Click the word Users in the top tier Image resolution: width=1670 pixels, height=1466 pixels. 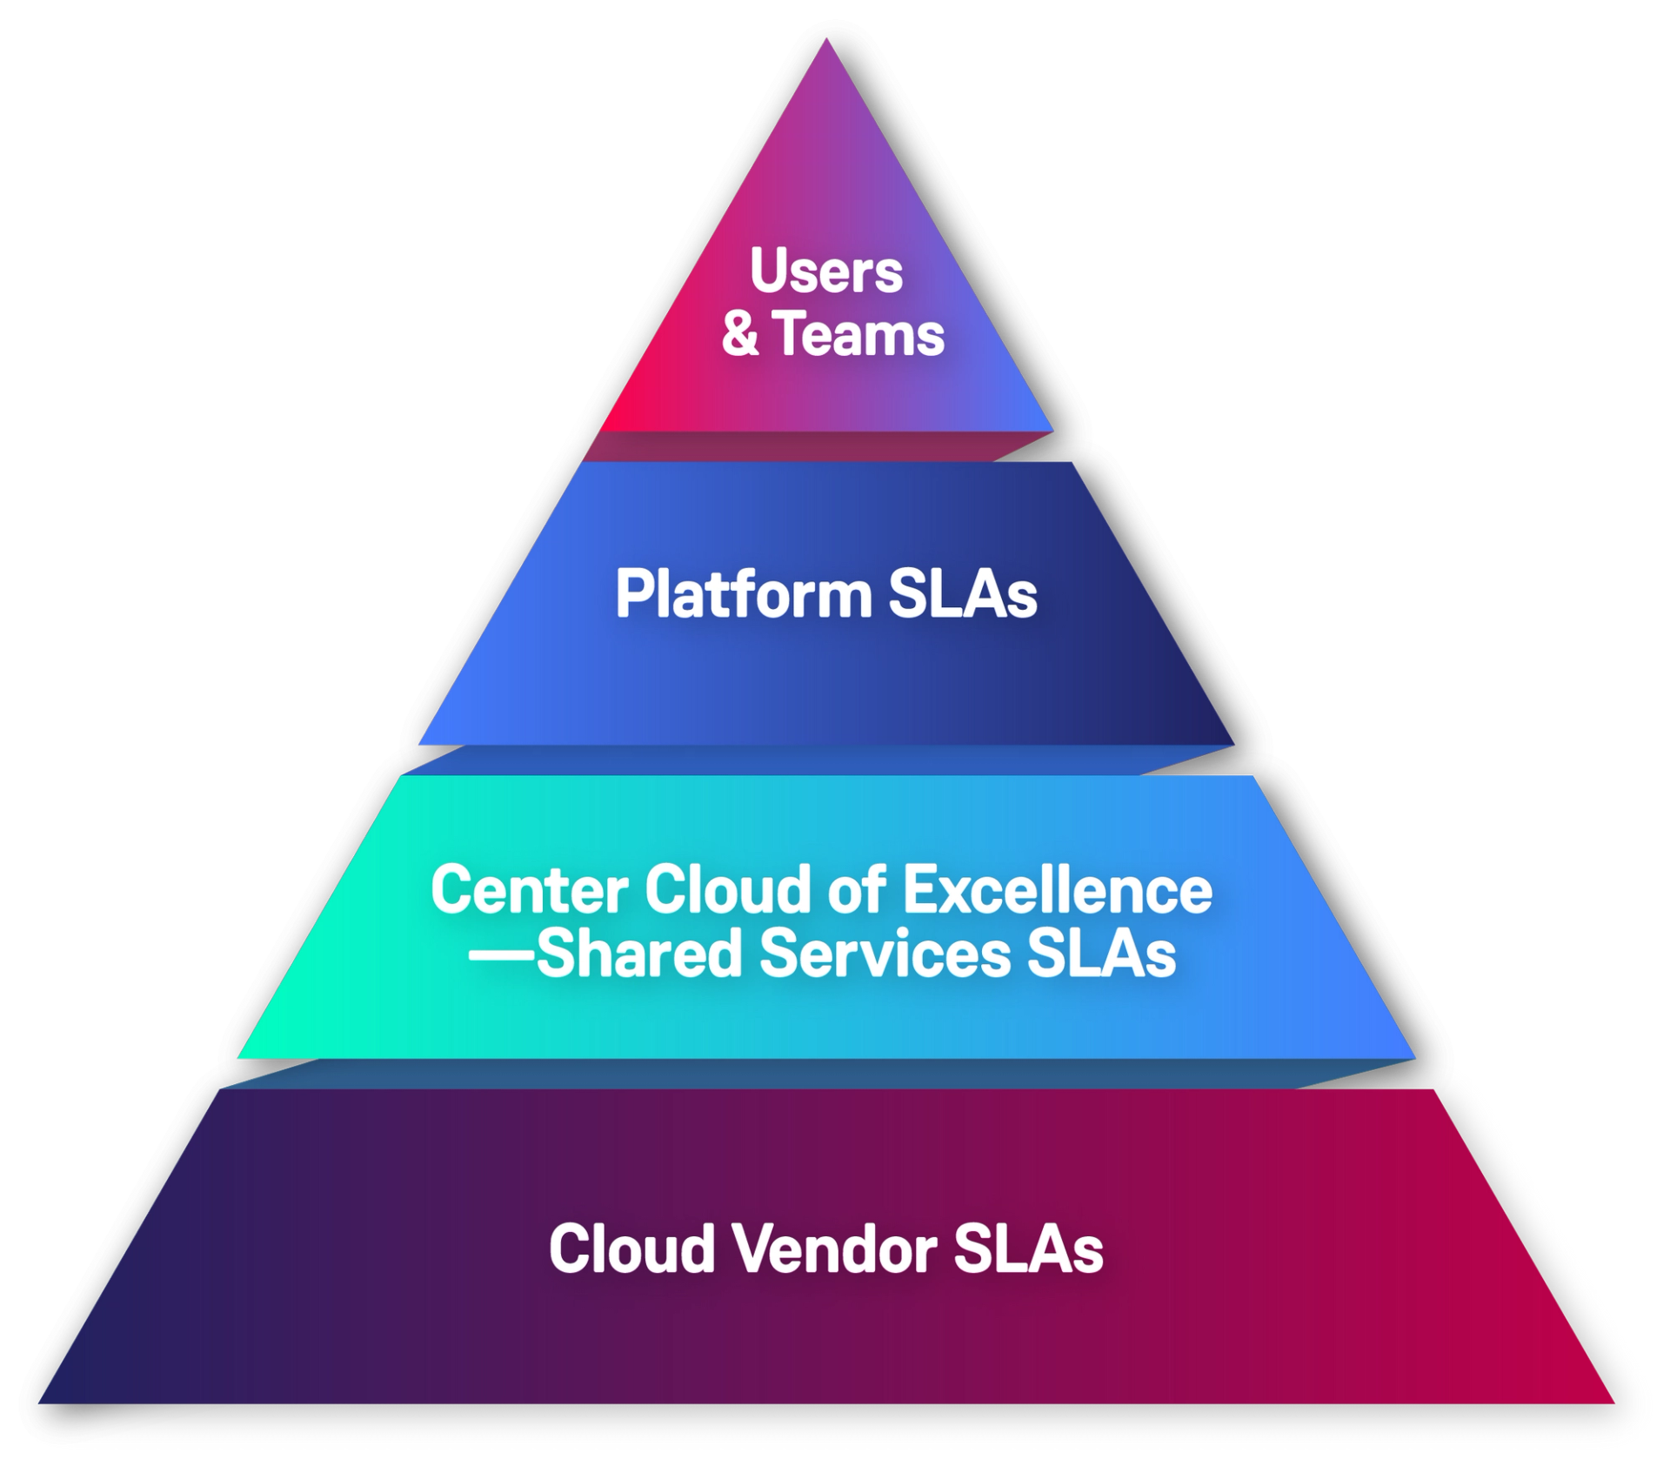(825, 271)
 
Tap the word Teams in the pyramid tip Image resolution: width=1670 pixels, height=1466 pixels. (858, 335)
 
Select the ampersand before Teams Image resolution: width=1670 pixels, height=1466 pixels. (739, 335)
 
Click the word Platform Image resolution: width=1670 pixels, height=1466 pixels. (743, 595)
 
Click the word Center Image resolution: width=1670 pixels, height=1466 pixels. (529, 890)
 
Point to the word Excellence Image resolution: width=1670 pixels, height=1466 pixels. (1057, 890)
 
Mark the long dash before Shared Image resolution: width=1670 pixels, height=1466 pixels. (501, 954)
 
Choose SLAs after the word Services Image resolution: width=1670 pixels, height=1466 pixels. (1101, 954)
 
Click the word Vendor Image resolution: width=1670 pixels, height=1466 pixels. (833, 1249)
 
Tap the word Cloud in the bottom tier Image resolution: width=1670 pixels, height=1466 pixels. (631, 1249)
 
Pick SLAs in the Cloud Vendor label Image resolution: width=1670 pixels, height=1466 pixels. (1028, 1249)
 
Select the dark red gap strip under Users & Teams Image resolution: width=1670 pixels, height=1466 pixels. (818, 446)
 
